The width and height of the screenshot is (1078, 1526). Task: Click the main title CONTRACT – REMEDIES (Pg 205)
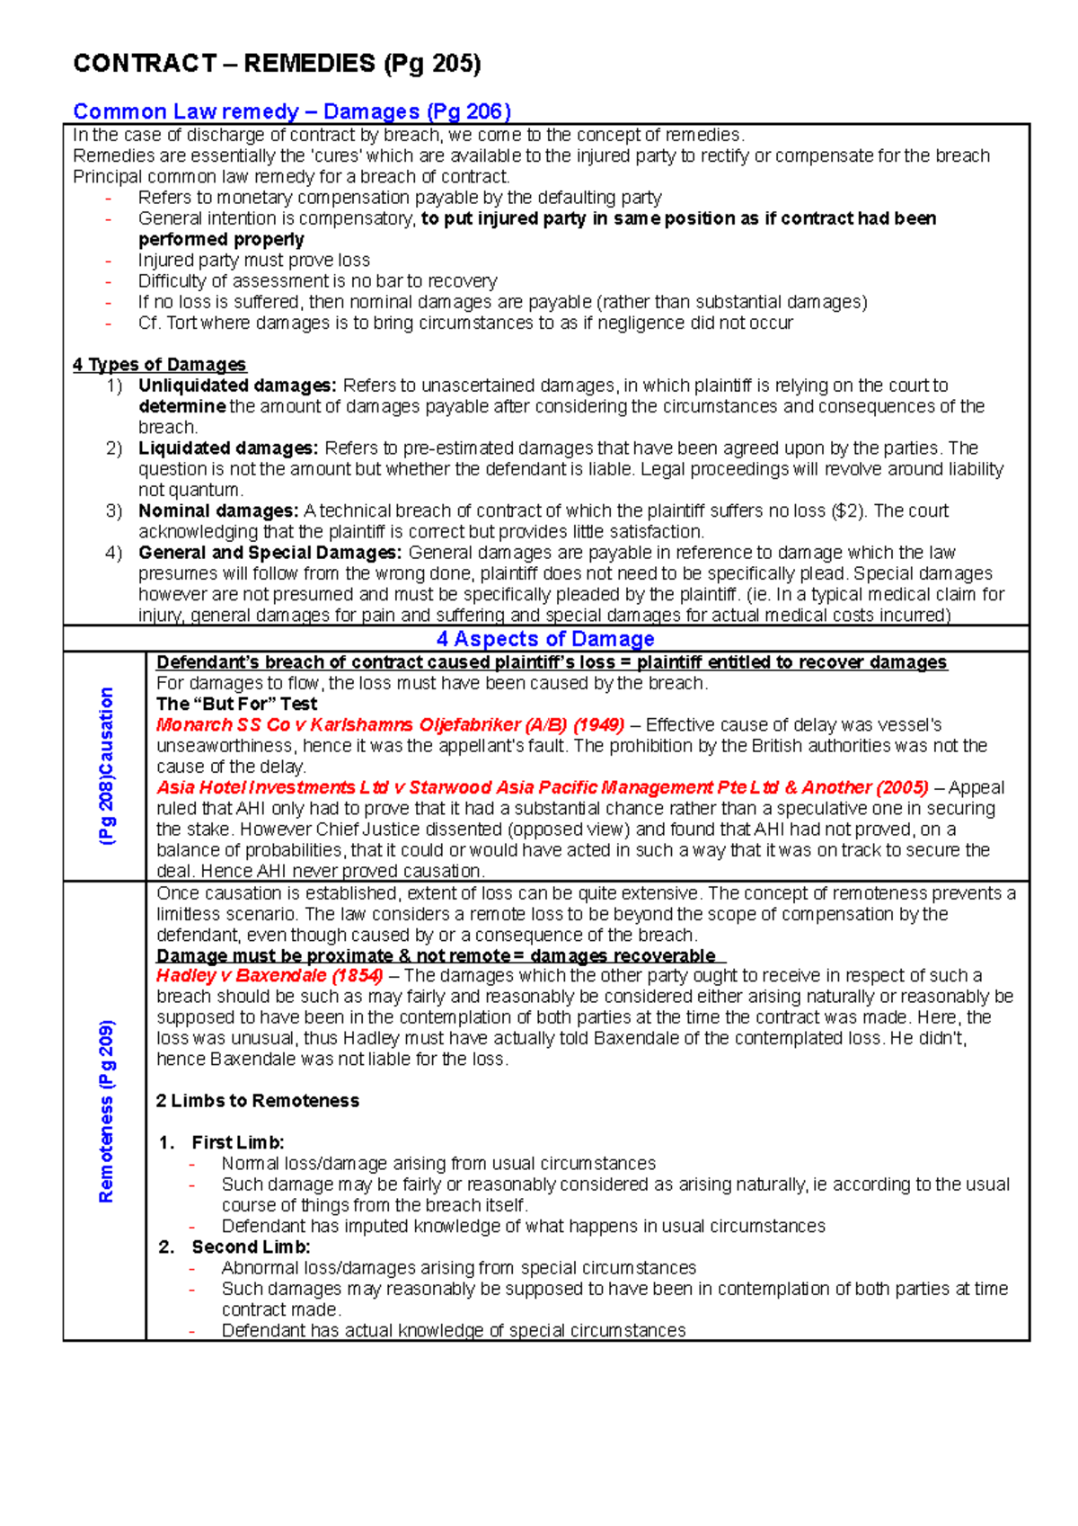pos(277,64)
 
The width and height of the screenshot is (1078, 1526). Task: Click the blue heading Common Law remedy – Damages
pos(291,111)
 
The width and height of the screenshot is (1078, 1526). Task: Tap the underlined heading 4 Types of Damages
pos(159,365)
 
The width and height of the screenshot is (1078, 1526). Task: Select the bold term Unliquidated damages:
pos(237,386)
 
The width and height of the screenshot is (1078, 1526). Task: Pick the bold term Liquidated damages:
pos(228,448)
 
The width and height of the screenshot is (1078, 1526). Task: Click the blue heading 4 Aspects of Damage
pos(545,639)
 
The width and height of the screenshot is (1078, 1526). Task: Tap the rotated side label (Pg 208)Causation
pos(107,766)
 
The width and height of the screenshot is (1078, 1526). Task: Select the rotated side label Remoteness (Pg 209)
pos(107,1111)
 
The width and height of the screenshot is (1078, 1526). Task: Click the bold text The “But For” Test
pos(236,704)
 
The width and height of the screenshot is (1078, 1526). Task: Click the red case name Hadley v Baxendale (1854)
pos(269,975)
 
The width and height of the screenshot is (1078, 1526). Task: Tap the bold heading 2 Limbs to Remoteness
pos(257,1101)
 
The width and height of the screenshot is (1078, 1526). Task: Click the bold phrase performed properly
pos(221,239)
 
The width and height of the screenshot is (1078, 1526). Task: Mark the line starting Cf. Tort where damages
pos(464,323)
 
